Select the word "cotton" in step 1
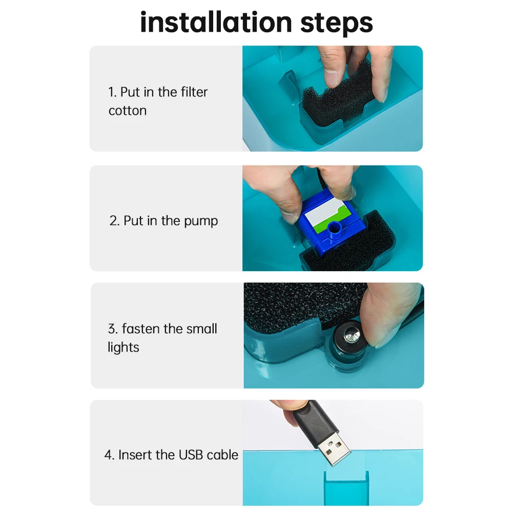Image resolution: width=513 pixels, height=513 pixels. pyautogui.click(x=128, y=111)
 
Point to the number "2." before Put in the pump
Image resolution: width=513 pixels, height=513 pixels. pyautogui.click(x=114, y=221)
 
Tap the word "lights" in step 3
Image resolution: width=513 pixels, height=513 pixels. pyautogui.click(x=123, y=347)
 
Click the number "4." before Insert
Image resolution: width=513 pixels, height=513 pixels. pyautogui.click(x=109, y=455)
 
